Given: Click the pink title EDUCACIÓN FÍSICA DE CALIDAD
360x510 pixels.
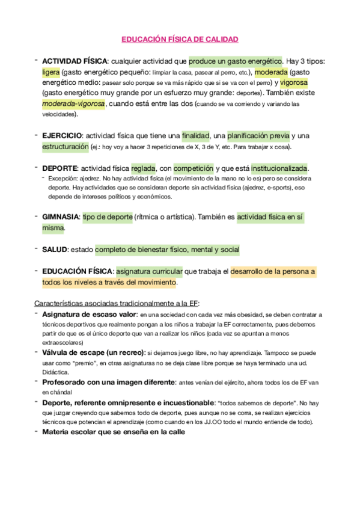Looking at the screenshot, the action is (x=180, y=40).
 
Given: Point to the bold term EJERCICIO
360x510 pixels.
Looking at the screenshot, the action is (x=61, y=136).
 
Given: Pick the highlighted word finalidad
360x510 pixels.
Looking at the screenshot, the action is (x=195, y=136).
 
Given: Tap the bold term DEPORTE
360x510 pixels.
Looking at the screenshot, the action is (x=59, y=168).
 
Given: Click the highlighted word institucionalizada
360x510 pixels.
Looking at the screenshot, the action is (x=279, y=168).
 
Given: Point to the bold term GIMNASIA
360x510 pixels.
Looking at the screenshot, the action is (x=60, y=217).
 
